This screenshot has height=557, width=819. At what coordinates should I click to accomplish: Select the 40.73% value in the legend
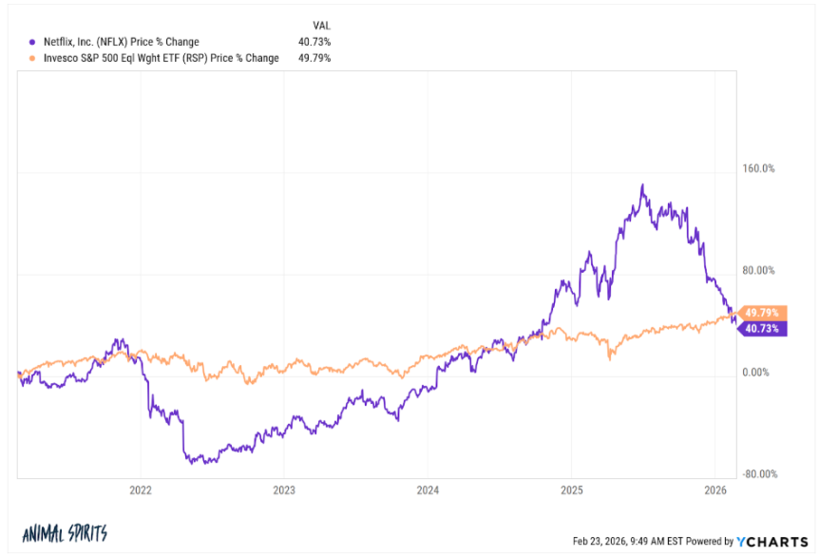tap(314, 42)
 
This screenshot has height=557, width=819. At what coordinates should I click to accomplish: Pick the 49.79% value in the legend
tap(314, 58)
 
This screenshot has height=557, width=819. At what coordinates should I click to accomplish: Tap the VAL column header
tap(320, 24)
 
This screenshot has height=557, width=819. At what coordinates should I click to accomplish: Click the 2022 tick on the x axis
tap(140, 490)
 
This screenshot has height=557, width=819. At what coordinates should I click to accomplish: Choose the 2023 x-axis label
tap(283, 490)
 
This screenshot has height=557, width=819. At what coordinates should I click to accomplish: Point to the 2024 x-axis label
tap(427, 490)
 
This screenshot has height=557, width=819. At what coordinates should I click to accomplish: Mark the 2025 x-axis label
tap(570, 490)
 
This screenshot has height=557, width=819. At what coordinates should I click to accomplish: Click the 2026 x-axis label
tap(714, 490)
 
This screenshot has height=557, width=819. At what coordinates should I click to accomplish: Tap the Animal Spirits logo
tap(64, 533)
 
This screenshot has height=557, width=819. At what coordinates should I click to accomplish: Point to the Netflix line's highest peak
tap(642, 185)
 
